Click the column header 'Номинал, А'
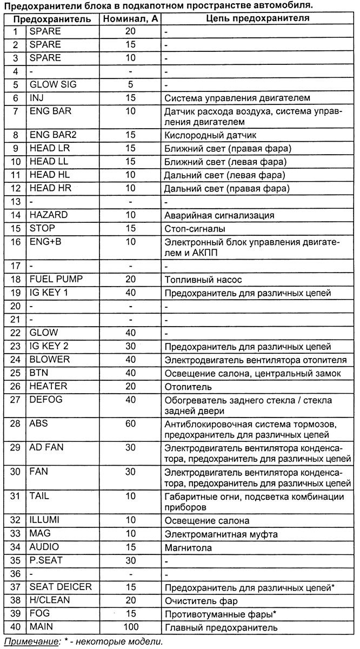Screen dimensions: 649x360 130,19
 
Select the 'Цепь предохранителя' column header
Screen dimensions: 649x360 258,19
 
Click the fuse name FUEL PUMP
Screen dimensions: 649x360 56,279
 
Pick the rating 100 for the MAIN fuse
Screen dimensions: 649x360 130,627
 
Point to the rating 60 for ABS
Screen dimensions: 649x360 130,423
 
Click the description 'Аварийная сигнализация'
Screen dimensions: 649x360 219,215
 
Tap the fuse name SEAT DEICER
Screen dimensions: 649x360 61,587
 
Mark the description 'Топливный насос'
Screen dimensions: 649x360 203,280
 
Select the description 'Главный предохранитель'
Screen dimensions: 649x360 221,627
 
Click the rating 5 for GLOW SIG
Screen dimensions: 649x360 130,85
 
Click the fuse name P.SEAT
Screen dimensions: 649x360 46,560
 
